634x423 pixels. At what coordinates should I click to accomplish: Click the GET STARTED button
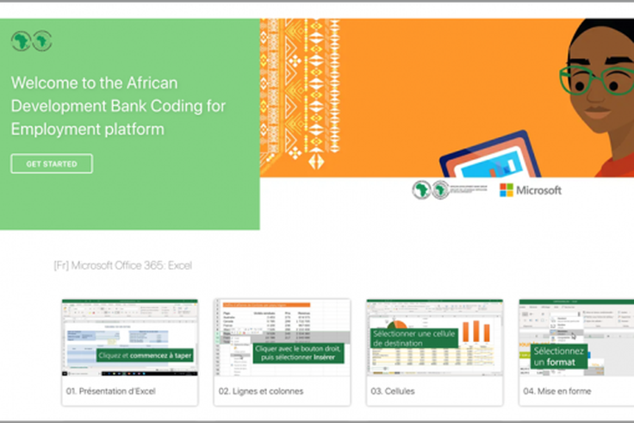(52, 164)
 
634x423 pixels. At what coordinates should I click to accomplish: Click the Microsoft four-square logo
(507, 190)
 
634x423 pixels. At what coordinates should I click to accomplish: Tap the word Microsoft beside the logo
(538, 190)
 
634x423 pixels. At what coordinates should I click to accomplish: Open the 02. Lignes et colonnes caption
(260, 391)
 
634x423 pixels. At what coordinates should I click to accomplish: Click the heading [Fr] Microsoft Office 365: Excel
(122, 265)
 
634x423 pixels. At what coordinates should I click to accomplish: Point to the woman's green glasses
(594, 80)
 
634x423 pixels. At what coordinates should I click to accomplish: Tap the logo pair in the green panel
(32, 40)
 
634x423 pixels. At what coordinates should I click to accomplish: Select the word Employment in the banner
(50, 128)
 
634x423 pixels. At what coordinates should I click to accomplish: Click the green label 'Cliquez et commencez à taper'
(146, 354)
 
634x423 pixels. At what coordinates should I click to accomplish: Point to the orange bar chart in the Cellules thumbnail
(475, 331)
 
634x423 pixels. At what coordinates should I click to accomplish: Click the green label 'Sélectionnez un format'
(558, 357)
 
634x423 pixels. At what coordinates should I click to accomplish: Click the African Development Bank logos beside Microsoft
(431, 190)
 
